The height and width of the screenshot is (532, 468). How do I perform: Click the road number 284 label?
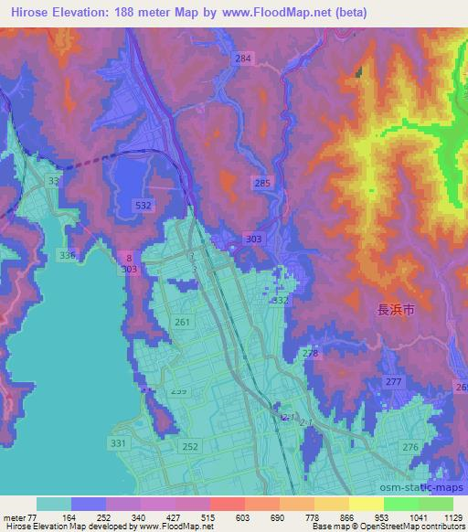pyautogui.click(x=242, y=59)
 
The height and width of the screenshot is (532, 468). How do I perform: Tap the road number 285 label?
pyautogui.click(x=262, y=184)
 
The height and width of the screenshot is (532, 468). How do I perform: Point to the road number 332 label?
pyautogui.click(x=280, y=300)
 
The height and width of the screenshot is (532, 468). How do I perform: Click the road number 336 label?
pyautogui.click(x=66, y=254)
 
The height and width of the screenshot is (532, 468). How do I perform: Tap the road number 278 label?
pyautogui.click(x=311, y=353)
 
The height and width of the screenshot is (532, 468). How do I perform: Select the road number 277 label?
pyautogui.click(x=394, y=381)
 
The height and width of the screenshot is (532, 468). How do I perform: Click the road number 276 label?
pyautogui.click(x=409, y=446)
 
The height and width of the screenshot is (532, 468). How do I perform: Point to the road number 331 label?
pyautogui.click(x=118, y=442)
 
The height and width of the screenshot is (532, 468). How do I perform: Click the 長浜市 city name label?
pyautogui.click(x=396, y=311)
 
